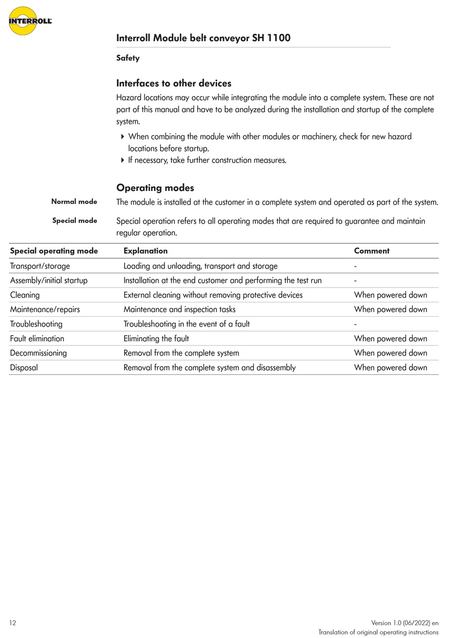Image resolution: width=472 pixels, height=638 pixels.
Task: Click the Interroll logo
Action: (29, 21)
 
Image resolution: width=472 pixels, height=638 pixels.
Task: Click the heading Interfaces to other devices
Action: (173, 83)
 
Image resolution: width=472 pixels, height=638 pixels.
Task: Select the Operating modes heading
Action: (155, 187)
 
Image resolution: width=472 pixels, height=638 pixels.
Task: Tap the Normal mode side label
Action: (74, 201)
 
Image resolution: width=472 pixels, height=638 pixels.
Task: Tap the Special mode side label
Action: (75, 220)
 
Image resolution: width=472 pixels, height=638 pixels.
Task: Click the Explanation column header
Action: (146, 251)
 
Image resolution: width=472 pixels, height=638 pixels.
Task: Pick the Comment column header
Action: (372, 251)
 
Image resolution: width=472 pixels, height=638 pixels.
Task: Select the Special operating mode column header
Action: (54, 251)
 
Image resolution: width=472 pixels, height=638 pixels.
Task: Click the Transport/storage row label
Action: (40, 266)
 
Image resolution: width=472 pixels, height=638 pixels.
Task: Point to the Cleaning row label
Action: (25, 295)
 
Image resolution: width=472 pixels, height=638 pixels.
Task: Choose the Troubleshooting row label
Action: (36, 324)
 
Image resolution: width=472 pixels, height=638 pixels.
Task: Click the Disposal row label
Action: (24, 367)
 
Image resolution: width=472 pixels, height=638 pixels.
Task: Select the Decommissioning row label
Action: (38, 353)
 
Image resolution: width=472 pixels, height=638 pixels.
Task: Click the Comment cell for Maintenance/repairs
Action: (391, 309)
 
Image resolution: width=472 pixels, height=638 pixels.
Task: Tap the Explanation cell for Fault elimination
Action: (156, 339)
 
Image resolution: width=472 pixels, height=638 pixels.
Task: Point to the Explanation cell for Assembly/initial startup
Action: (222, 280)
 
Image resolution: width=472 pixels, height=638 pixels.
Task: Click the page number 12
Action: (12, 623)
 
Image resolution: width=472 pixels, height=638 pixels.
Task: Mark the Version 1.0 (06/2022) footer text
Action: (404, 623)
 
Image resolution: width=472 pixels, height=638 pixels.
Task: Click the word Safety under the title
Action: (128, 58)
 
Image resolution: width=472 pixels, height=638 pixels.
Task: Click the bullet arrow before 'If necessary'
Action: (123, 160)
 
